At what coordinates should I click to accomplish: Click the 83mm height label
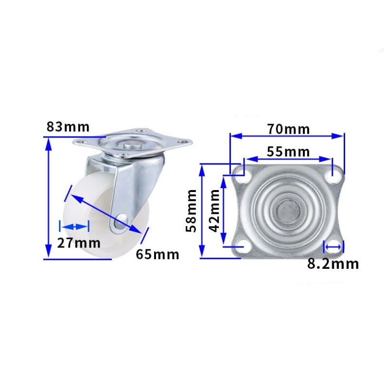click(x=68, y=127)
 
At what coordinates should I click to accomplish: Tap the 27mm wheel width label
click(x=78, y=243)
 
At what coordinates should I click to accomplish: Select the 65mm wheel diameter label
click(x=157, y=254)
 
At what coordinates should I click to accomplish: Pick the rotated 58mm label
click(x=192, y=210)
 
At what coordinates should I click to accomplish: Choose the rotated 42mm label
click(x=214, y=210)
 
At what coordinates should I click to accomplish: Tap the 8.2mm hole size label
click(x=333, y=263)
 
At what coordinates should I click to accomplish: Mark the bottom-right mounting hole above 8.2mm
click(x=333, y=246)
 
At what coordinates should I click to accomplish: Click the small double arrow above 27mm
click(x=74, y=227)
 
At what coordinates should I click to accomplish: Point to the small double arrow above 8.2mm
click(x=333, y=247)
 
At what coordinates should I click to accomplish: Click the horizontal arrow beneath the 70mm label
click(x=287, y=137)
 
